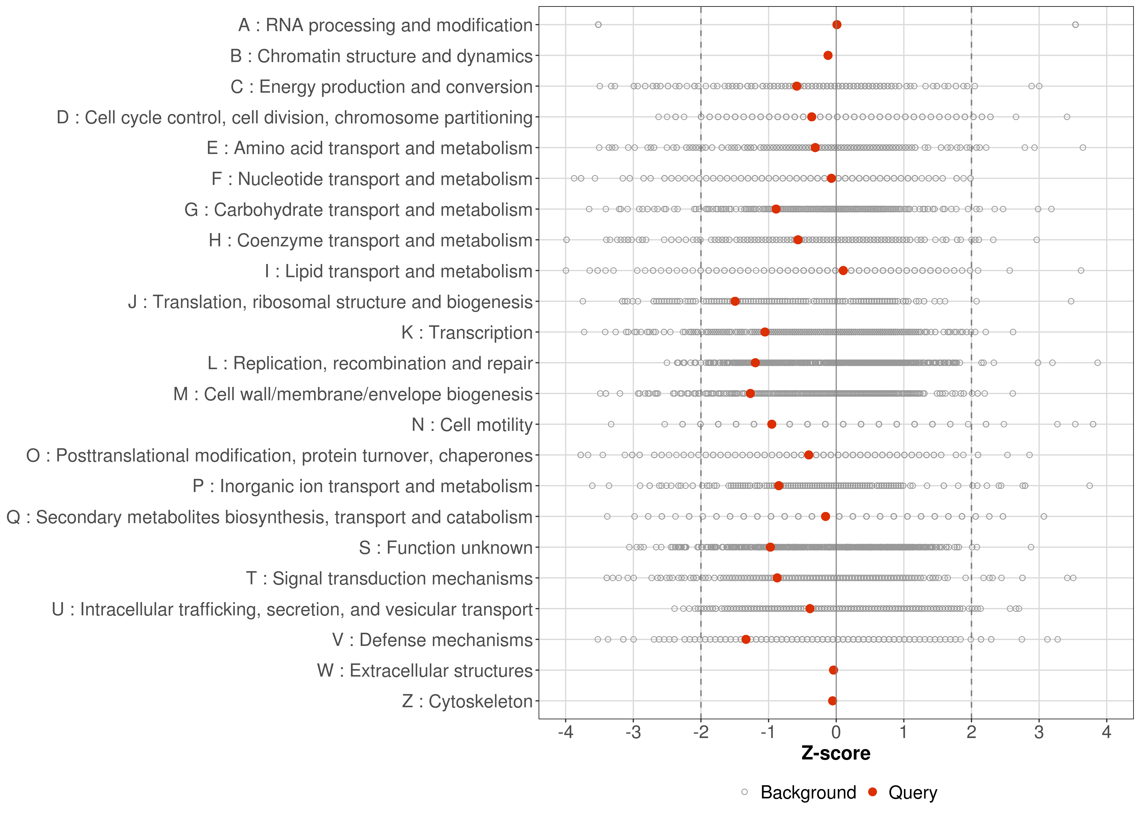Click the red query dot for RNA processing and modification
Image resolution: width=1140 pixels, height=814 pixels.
[837, 25]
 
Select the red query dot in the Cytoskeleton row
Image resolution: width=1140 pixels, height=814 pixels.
[832, 701]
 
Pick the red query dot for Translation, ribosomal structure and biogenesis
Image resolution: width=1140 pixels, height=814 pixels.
[735, 301]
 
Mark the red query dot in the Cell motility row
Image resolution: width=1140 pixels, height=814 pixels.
[771, 424]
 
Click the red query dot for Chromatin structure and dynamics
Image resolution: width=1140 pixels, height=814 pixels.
[828, 55]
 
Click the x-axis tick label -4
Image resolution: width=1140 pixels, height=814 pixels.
[565, 732]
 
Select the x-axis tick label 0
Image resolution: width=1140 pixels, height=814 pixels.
[836, 732]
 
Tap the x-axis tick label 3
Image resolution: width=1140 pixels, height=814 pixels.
[1039, 732]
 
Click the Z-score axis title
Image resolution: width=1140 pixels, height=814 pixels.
[836, 753]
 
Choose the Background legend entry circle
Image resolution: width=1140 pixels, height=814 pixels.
[745, 793]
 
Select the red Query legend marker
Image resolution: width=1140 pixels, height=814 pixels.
[873, 793]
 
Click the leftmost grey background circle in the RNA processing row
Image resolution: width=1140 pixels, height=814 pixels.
[598, 25]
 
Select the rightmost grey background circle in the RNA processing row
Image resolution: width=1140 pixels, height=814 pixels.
[1075, 25]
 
